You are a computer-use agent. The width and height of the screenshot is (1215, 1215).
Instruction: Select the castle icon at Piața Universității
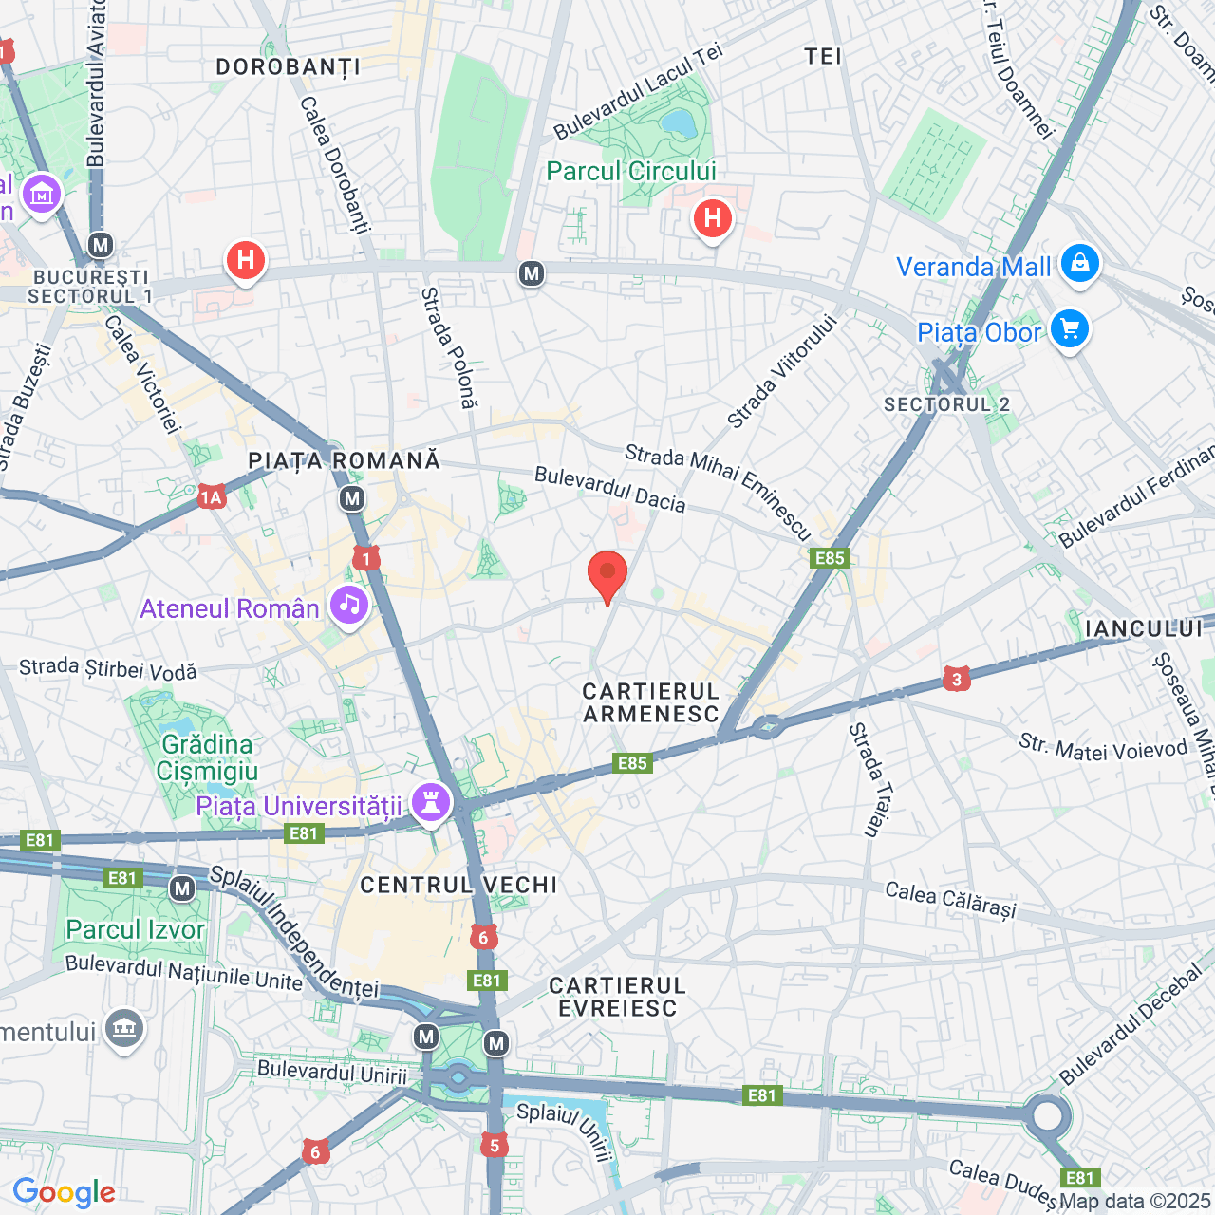click(431, 803)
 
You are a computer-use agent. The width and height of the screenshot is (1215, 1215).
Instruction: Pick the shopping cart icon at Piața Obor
click(1070, 329)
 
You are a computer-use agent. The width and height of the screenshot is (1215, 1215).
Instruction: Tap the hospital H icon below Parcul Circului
click(712, 219)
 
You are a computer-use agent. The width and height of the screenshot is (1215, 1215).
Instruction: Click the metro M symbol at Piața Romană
click(352, 498)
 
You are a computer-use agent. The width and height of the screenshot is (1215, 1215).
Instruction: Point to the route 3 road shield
click(956, 679)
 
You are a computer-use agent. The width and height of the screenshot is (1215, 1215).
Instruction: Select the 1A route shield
click(211, 496)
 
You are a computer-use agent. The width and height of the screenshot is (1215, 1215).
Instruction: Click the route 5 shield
click(494, 1145)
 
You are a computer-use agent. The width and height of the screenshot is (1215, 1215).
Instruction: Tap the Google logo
click(64, 1192)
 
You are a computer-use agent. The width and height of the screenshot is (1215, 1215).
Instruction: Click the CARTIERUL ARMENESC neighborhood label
click(651, 702)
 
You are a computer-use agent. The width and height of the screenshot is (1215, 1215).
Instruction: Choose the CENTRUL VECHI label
click(458, 885)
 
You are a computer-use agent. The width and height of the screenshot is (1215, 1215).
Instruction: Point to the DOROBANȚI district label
click(288, 66)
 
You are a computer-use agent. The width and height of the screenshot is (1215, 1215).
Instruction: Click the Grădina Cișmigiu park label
click(207, 757)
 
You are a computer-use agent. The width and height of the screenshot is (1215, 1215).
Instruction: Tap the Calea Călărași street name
click(950, 899)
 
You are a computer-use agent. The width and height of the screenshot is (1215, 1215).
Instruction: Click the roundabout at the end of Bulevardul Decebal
click(1047, 1115)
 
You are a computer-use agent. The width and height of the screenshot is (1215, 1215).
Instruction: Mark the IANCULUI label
click(1144, 628)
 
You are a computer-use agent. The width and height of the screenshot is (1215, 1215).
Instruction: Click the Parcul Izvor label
click(135, 929)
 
